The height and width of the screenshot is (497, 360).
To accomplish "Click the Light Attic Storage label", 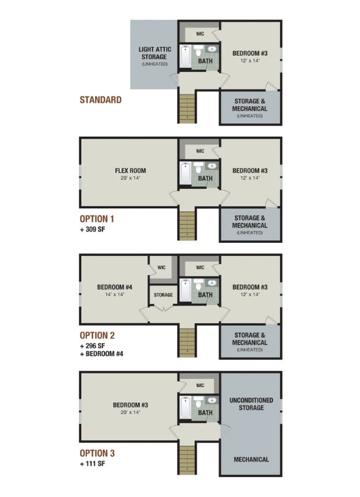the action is pos(155,53).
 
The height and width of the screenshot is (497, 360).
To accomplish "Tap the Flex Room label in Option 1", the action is pos(130,170).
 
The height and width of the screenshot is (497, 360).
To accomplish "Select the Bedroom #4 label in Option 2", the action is pos(115,287).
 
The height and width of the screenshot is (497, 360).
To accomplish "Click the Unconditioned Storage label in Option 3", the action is pos(251,404).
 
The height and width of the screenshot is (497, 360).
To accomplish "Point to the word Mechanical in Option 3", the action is pos(251,459).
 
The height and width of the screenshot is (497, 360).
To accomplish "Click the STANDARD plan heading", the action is pos(101,100).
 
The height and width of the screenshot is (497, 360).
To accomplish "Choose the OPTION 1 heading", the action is pos(97,219).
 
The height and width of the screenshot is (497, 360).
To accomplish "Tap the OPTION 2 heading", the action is pos(97,335).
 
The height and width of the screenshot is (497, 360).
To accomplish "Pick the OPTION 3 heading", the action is pos(97,454).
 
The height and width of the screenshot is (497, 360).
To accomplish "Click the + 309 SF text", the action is pos(92,229).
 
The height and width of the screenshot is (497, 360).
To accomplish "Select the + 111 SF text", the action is pos(92,463).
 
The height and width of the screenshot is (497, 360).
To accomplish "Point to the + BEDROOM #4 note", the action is pos(101,353).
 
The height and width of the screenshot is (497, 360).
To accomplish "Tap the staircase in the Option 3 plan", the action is pos(187,460).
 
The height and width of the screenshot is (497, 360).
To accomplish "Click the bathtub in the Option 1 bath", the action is pos(185,173).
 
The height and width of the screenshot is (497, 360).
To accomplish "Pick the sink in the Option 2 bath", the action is pos(212,283).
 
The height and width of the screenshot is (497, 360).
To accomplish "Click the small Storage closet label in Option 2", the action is pos(163,294).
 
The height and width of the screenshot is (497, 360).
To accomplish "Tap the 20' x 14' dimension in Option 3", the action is pos(130,413).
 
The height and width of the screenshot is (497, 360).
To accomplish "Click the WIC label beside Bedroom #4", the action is pos(161,268).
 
